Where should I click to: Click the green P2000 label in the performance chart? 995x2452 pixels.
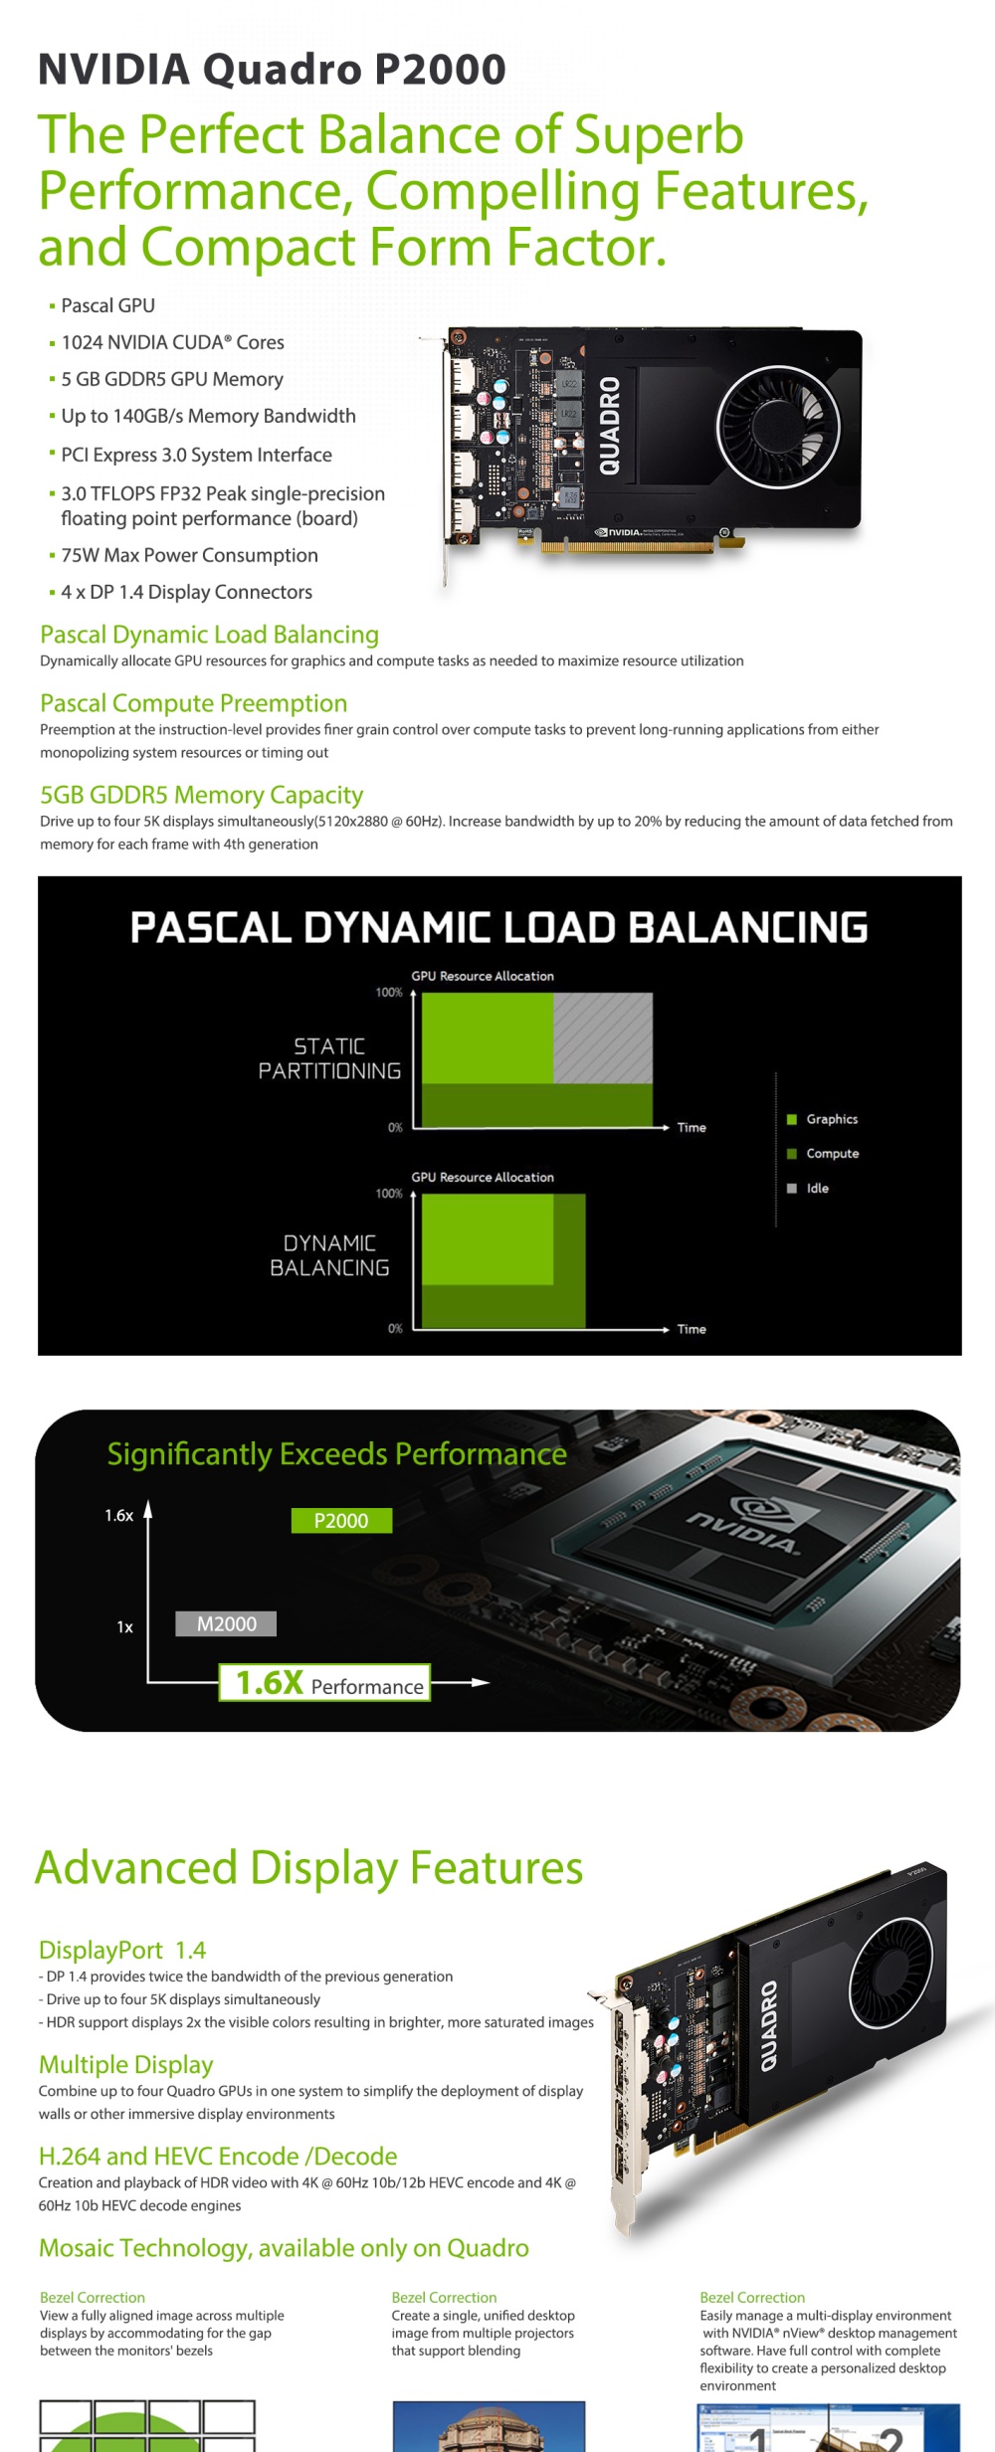click(341, 1520)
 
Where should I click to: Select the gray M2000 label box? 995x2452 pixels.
click(226, 1623)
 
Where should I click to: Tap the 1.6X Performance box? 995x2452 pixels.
click(325, 1682)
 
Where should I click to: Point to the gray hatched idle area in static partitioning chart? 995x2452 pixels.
click(603, 1037)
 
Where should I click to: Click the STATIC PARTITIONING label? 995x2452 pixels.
click(329, 1058)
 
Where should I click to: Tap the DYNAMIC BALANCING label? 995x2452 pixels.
click(329, 1255)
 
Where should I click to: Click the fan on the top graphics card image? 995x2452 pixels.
click(778, 425)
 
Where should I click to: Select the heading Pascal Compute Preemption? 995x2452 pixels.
click(194, 703)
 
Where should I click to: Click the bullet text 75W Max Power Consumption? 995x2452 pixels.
click(189, 555)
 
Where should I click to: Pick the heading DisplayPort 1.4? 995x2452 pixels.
click(122, 1950)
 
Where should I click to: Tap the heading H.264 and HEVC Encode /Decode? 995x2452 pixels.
click(218, 2156)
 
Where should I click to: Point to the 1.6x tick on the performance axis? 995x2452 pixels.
click(119, 1516)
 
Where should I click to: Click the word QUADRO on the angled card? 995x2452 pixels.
click(770, 2026)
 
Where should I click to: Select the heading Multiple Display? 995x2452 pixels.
click(126, 2064)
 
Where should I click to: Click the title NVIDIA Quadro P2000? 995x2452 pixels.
click(272, 70)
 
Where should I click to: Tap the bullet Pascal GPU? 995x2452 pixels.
click(107, 305)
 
